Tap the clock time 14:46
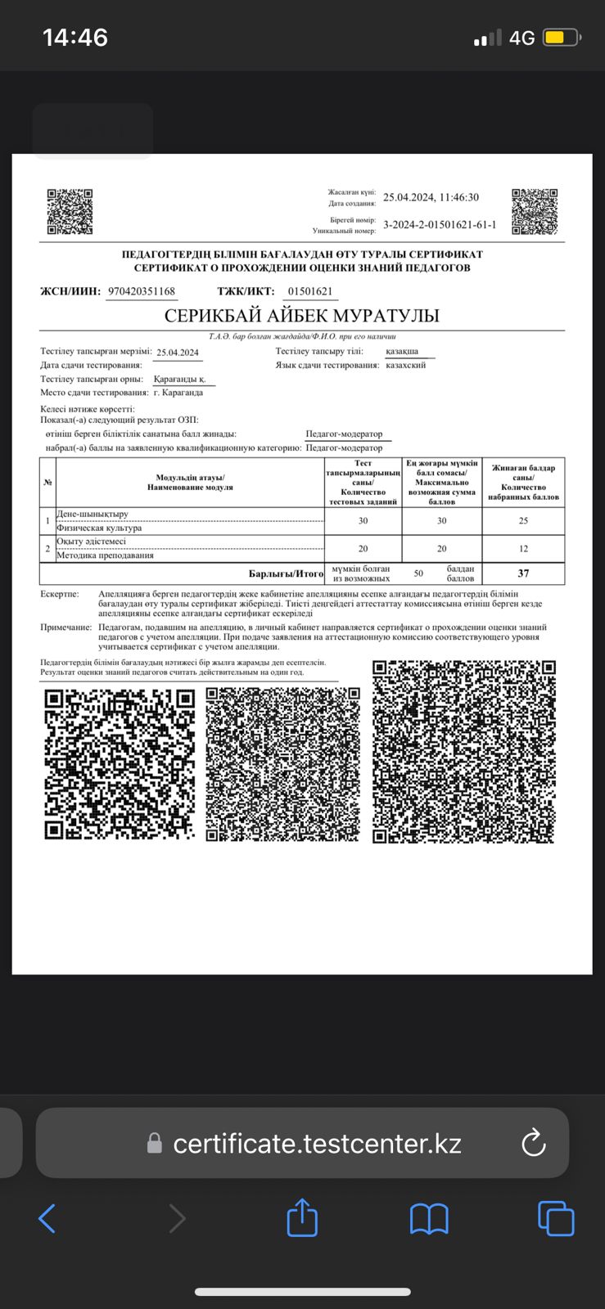(75, 38)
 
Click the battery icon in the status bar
(562, 38)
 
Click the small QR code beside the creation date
(535, 212)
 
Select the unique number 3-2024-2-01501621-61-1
(440, 225)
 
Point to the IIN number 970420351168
(142, 291)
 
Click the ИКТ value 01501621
(310, 291)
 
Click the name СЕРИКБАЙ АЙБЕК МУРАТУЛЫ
(302, 316)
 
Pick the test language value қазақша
(402, 351)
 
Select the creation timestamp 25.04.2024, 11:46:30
(431, 197)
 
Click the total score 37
(523, 574)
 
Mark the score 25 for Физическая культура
(523, 520)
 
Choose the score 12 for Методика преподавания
(523, 548)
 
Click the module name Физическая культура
(99, 528)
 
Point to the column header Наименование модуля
(190, 487)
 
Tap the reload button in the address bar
(533, 1143)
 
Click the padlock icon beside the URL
(154, 1144)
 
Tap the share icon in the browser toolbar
(302, 1218)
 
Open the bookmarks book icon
(429, 1219)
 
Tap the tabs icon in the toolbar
(556, 1218)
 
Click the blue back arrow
(47, 1218)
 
